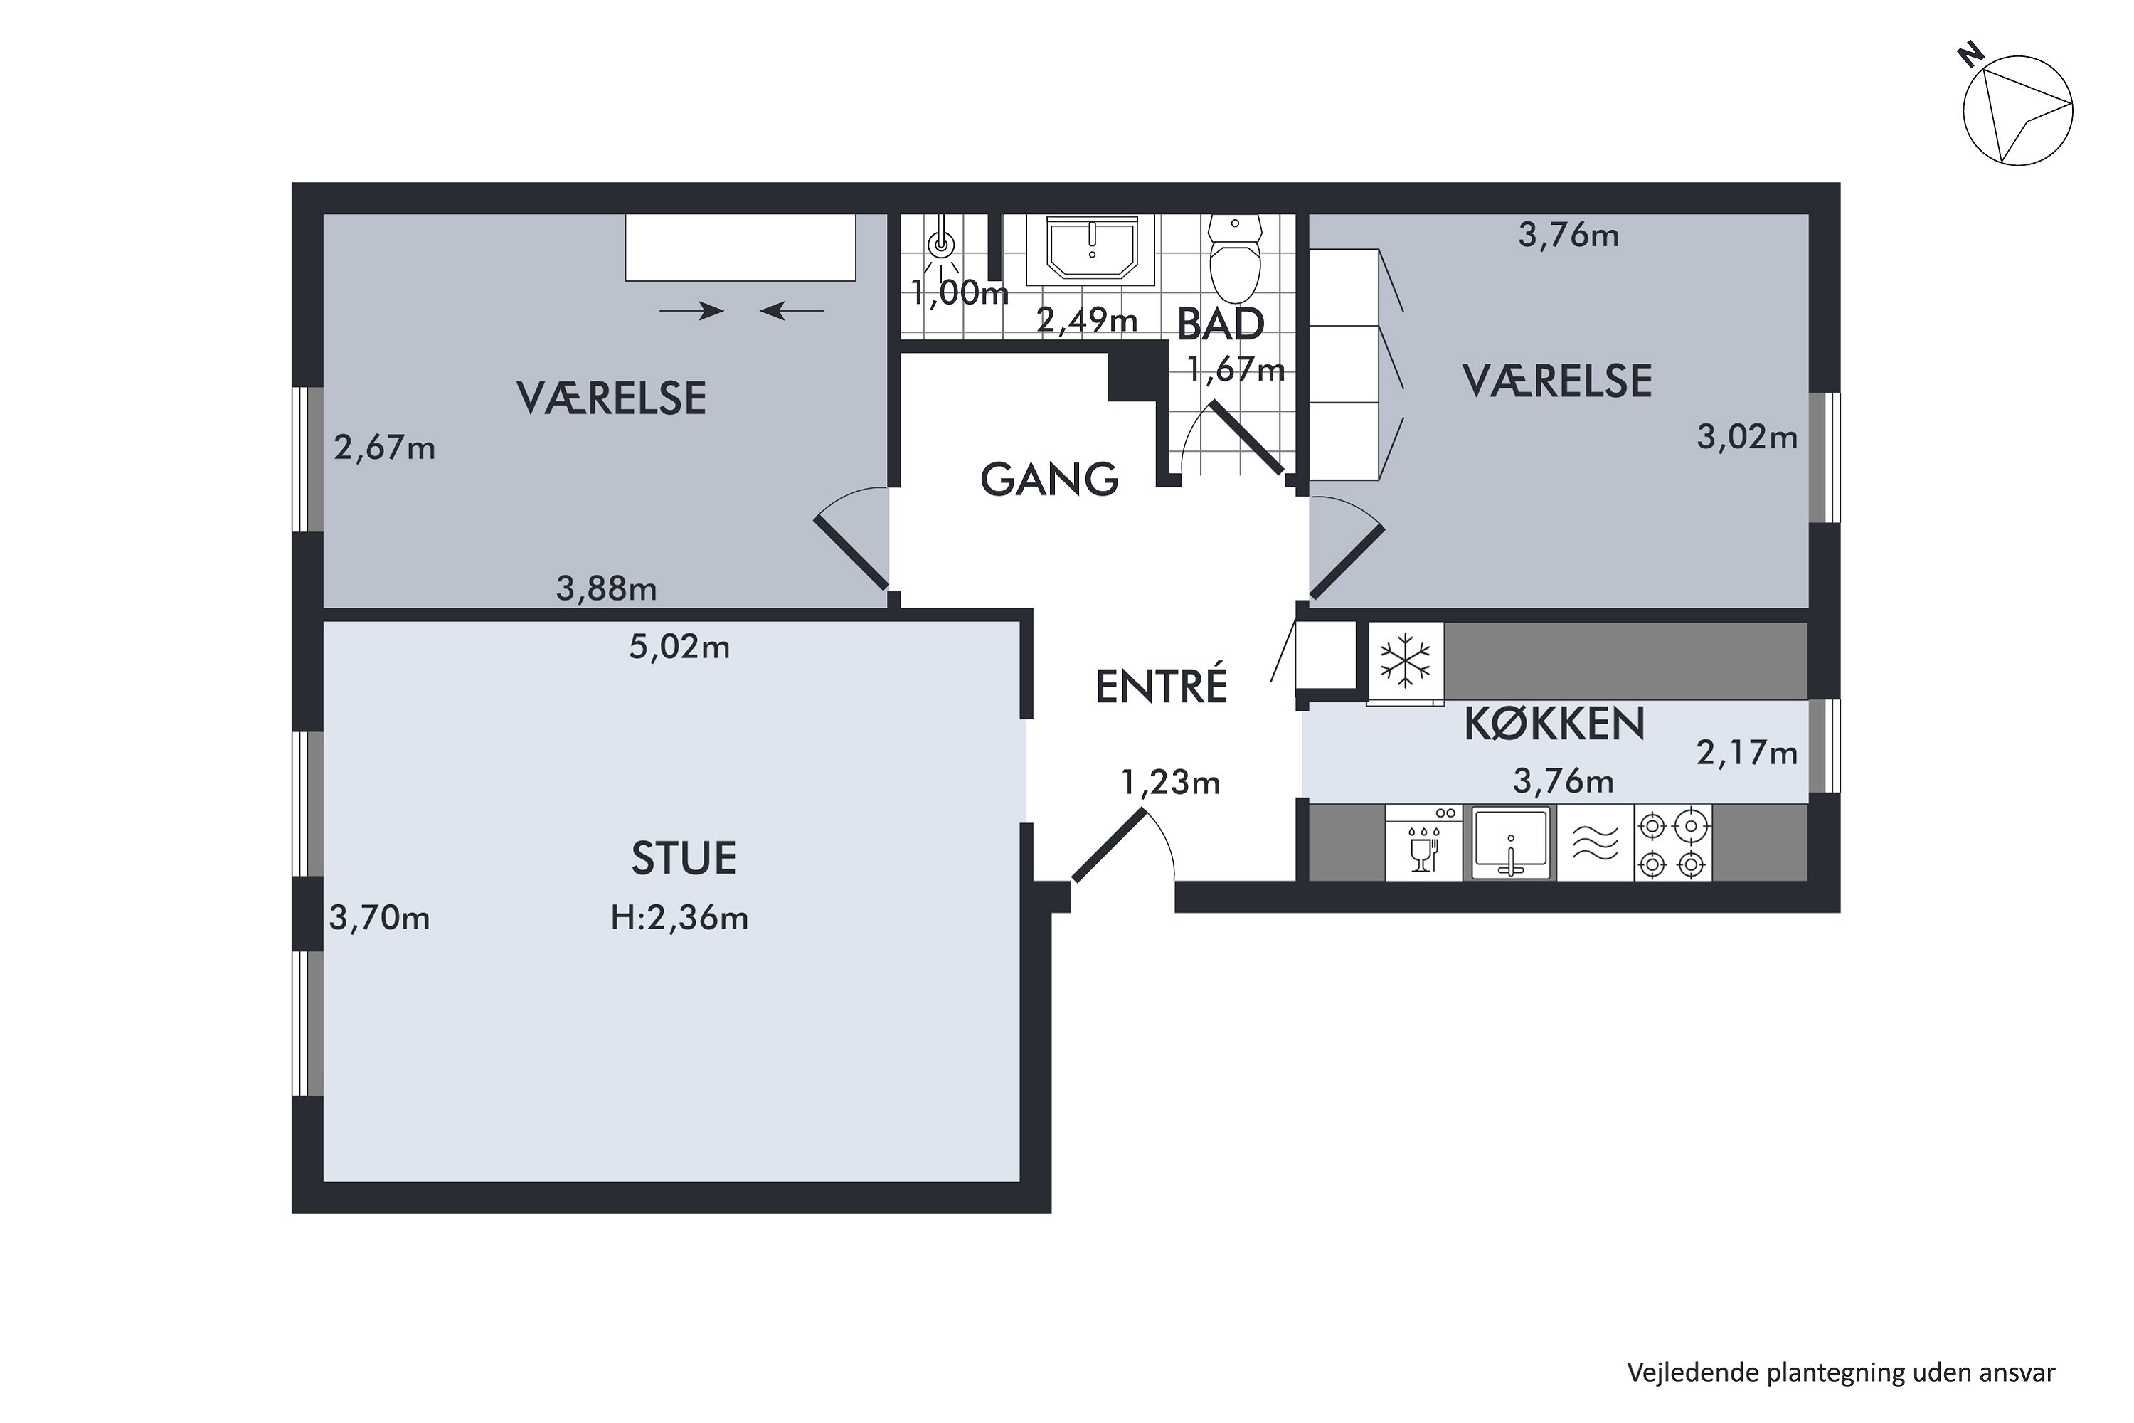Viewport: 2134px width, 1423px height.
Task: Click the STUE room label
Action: point(683,857)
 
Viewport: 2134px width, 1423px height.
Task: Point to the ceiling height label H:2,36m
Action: point(679,918)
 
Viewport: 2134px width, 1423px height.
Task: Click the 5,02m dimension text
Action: point(679,647)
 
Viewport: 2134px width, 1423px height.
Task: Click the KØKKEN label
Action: point(1554,724)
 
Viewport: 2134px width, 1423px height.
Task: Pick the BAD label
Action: point(1221,324)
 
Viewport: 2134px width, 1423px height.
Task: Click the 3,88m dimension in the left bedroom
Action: point(606,589)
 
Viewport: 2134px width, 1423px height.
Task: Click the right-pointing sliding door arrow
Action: point(691,312)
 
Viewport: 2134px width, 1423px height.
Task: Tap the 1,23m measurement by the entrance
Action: point(1170,781)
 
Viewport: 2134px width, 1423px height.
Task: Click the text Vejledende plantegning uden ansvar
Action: point(1841,1372)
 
